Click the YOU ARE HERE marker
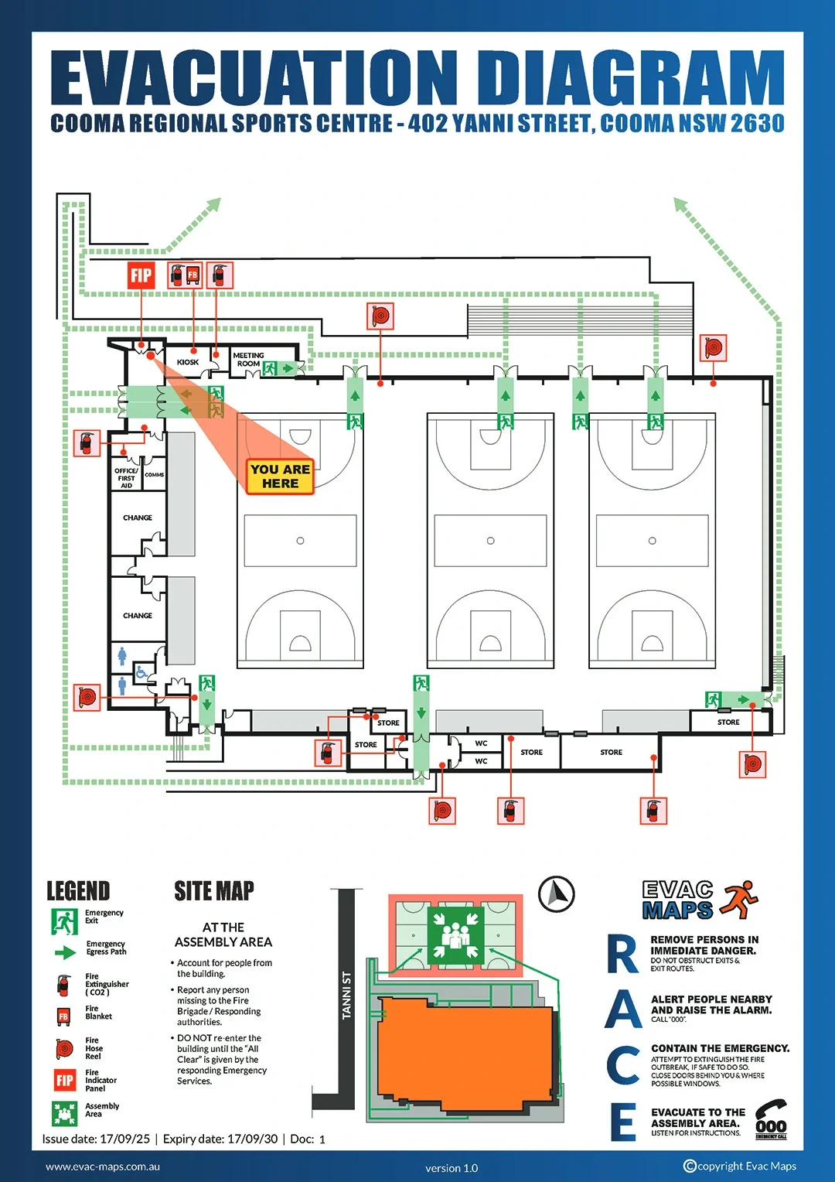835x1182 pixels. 280,477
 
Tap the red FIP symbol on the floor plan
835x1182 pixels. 141,275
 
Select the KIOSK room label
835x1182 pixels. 188,362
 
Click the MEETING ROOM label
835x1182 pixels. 248,360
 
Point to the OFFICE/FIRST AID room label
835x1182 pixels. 126,478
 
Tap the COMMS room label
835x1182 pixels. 154,475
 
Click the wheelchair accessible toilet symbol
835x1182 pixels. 141,672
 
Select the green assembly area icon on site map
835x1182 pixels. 455,937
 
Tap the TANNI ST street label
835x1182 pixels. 346,995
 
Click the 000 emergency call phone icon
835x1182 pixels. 771,1120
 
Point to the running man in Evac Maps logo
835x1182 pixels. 740,899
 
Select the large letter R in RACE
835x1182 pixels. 622,954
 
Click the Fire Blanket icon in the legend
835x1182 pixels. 64,1016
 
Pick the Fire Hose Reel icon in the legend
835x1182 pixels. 64,1048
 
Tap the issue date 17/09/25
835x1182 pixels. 124,1139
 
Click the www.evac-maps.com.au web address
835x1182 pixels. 103,1167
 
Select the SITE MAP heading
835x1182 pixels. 214,891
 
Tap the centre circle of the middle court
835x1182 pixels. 490,541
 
